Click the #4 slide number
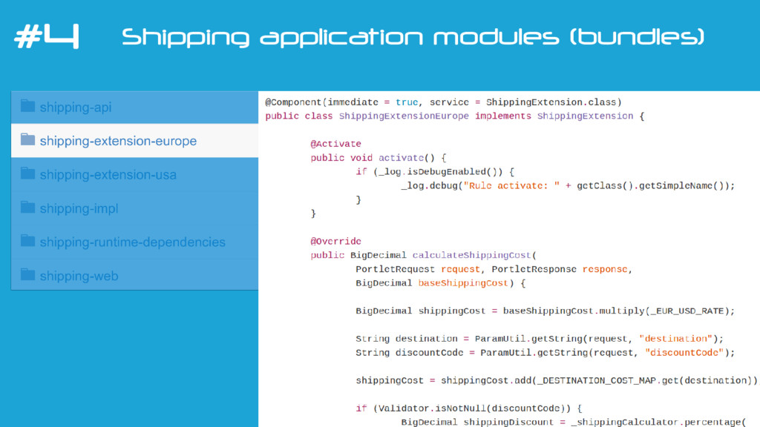click(x=46, y=37)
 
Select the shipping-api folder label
click(x=76, y=107)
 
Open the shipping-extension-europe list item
click(x=118, y=141)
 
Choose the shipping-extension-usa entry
click(x=108, y=175)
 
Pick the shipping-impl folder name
click(x=79, y=208)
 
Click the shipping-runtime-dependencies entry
click(x=132, y=242)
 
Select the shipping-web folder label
click(x=79, y=276)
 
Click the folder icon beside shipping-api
click(x=27, y=106)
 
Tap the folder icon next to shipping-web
click(x=27, y=274)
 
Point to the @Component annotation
click(x=294, y=102)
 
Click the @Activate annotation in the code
click(x=335, y=144)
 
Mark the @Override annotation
click(x=335, y=241)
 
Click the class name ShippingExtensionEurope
click(x=404, y=116)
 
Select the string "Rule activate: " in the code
click(x=511, y=185)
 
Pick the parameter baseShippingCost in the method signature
click(x=463, y=283)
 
